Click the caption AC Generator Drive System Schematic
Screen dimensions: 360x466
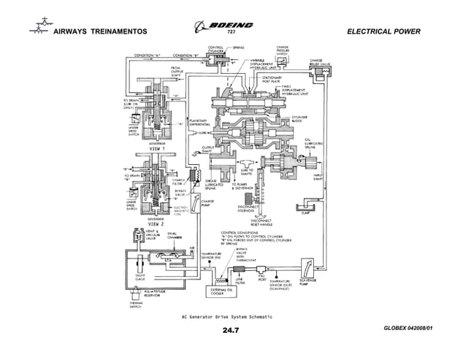[227, 316]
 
